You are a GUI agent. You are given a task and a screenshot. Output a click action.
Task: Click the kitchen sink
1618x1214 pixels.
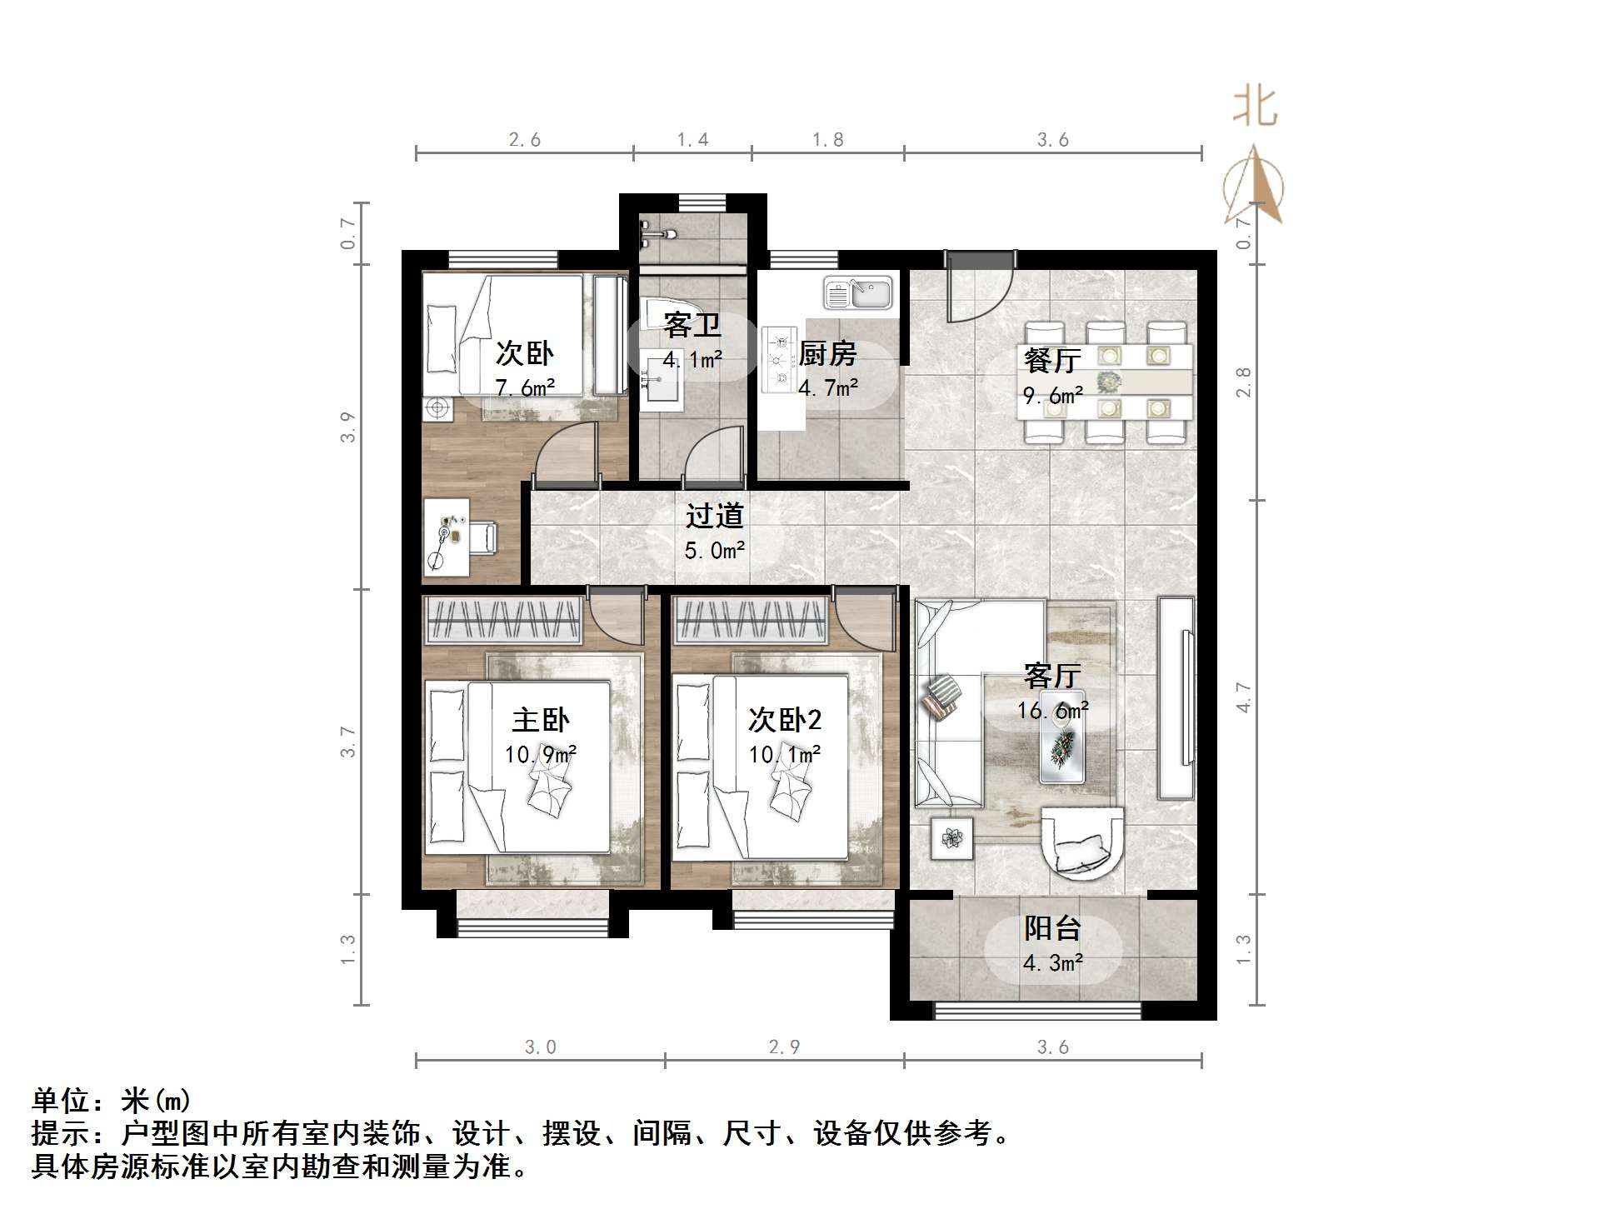[x=857, y=293]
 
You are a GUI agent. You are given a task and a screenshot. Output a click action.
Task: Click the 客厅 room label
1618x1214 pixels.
[x=1052, y=675]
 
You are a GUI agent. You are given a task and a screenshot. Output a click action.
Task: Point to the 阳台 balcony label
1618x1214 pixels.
[x=1052, y=928]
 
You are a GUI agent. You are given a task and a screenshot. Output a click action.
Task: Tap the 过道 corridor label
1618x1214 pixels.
[x=714, y=516]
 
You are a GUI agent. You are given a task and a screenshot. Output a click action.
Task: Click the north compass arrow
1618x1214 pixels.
[x=1254, y=185]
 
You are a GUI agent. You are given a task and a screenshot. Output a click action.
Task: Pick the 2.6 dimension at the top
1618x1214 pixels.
[x=525, y=140]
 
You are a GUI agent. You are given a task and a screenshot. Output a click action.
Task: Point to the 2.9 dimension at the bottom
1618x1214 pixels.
[x=784, y=1047]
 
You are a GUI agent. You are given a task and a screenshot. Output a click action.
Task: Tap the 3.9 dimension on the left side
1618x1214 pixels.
[x=347, y=427]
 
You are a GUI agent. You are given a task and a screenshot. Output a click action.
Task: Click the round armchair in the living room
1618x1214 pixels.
[x=1082, y=842]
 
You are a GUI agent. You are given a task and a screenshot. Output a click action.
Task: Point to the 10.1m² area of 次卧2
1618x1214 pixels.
[x=784, y=755]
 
